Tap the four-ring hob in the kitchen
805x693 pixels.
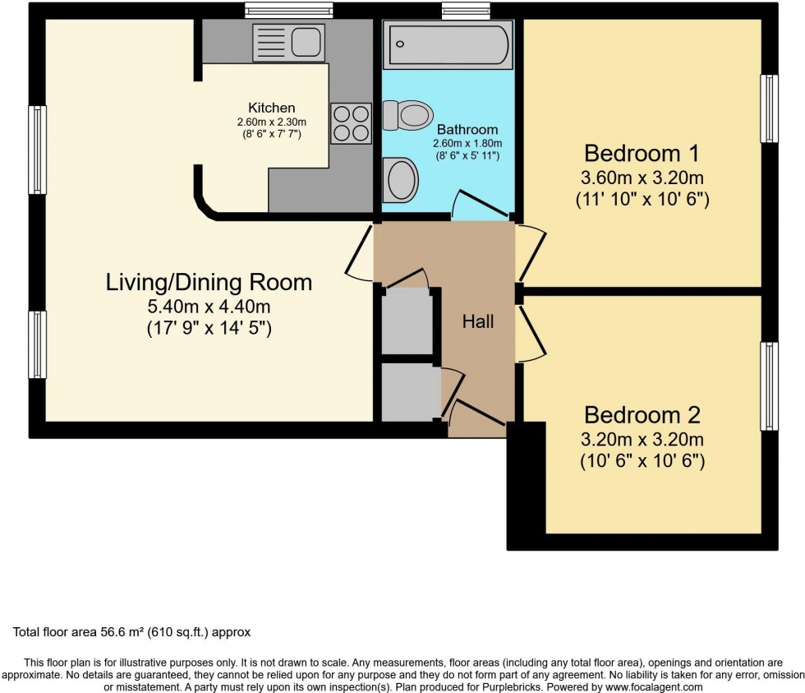point(351,123)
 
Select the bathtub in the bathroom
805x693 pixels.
point(448,44)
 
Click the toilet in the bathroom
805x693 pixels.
point(408,114)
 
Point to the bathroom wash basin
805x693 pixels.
point(401,179)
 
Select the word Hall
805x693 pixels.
point(478,321)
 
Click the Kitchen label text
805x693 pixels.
point(271,108)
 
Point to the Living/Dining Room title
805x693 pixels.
point(209,283)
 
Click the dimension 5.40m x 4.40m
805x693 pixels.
point(209,307)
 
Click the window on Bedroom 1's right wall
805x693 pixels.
point(769,109)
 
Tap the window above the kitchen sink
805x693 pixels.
point(289,11)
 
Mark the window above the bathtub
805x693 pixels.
point(465,11)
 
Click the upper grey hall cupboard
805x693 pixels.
point(406,321)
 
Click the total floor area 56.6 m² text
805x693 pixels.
point(131,632)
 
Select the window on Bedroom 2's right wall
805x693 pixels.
point(769,386)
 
